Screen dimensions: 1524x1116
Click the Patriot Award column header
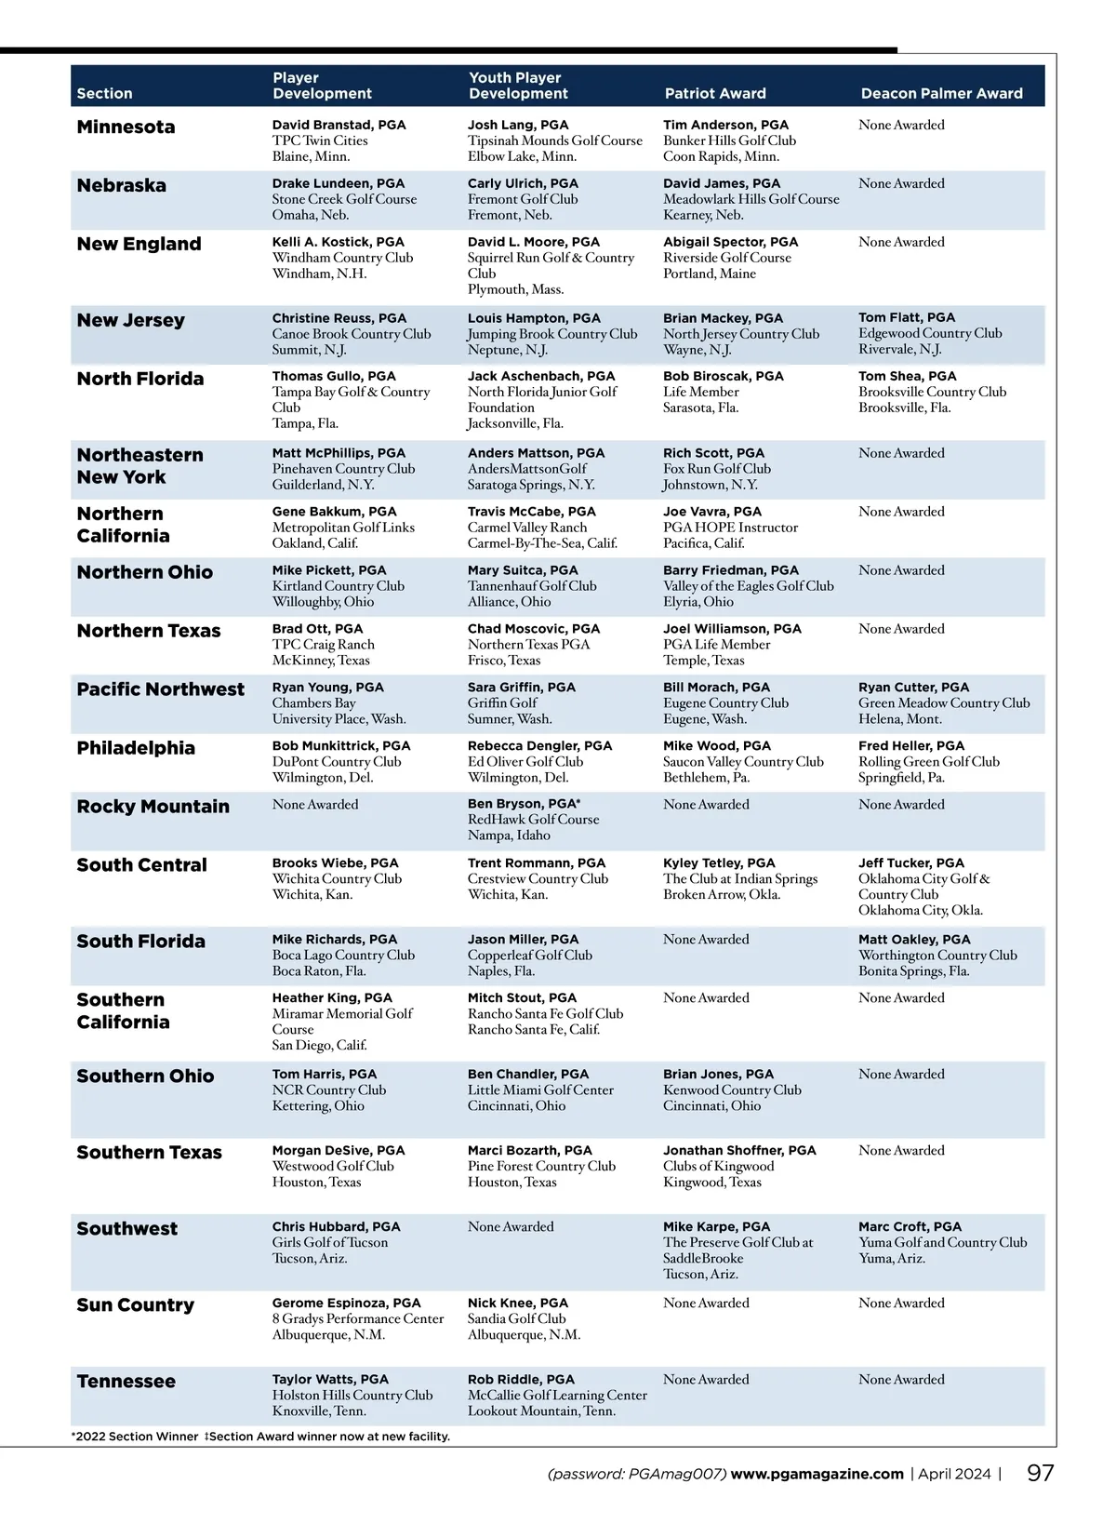(715, 93)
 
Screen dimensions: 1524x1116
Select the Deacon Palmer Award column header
(941, 93)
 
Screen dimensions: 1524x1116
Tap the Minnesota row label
(126, 127)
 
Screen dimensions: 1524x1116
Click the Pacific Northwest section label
(160, 689)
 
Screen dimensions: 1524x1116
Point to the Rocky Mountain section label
(153, 807)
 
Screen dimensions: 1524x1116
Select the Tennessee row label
(126, 1382)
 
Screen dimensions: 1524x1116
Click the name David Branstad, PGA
(339, 125)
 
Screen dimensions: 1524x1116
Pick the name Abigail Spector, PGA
(730, 242)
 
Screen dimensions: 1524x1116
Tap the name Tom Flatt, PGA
(906, 317)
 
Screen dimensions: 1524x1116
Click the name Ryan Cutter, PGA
(913, 688)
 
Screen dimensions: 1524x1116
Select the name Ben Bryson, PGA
(524, 804)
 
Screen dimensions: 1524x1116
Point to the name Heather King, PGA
(332, 997)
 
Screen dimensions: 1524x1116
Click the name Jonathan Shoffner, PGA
(739, 1150)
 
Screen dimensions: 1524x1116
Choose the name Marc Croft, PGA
(910, 1226)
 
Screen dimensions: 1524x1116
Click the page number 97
(1040, 1473)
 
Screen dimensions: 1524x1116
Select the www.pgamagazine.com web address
(817, 1474)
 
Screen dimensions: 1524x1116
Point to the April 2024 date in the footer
(954, 1474)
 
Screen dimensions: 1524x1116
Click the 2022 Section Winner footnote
(135, 1437)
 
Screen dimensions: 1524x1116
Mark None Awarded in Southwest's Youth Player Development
(511, 1226)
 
